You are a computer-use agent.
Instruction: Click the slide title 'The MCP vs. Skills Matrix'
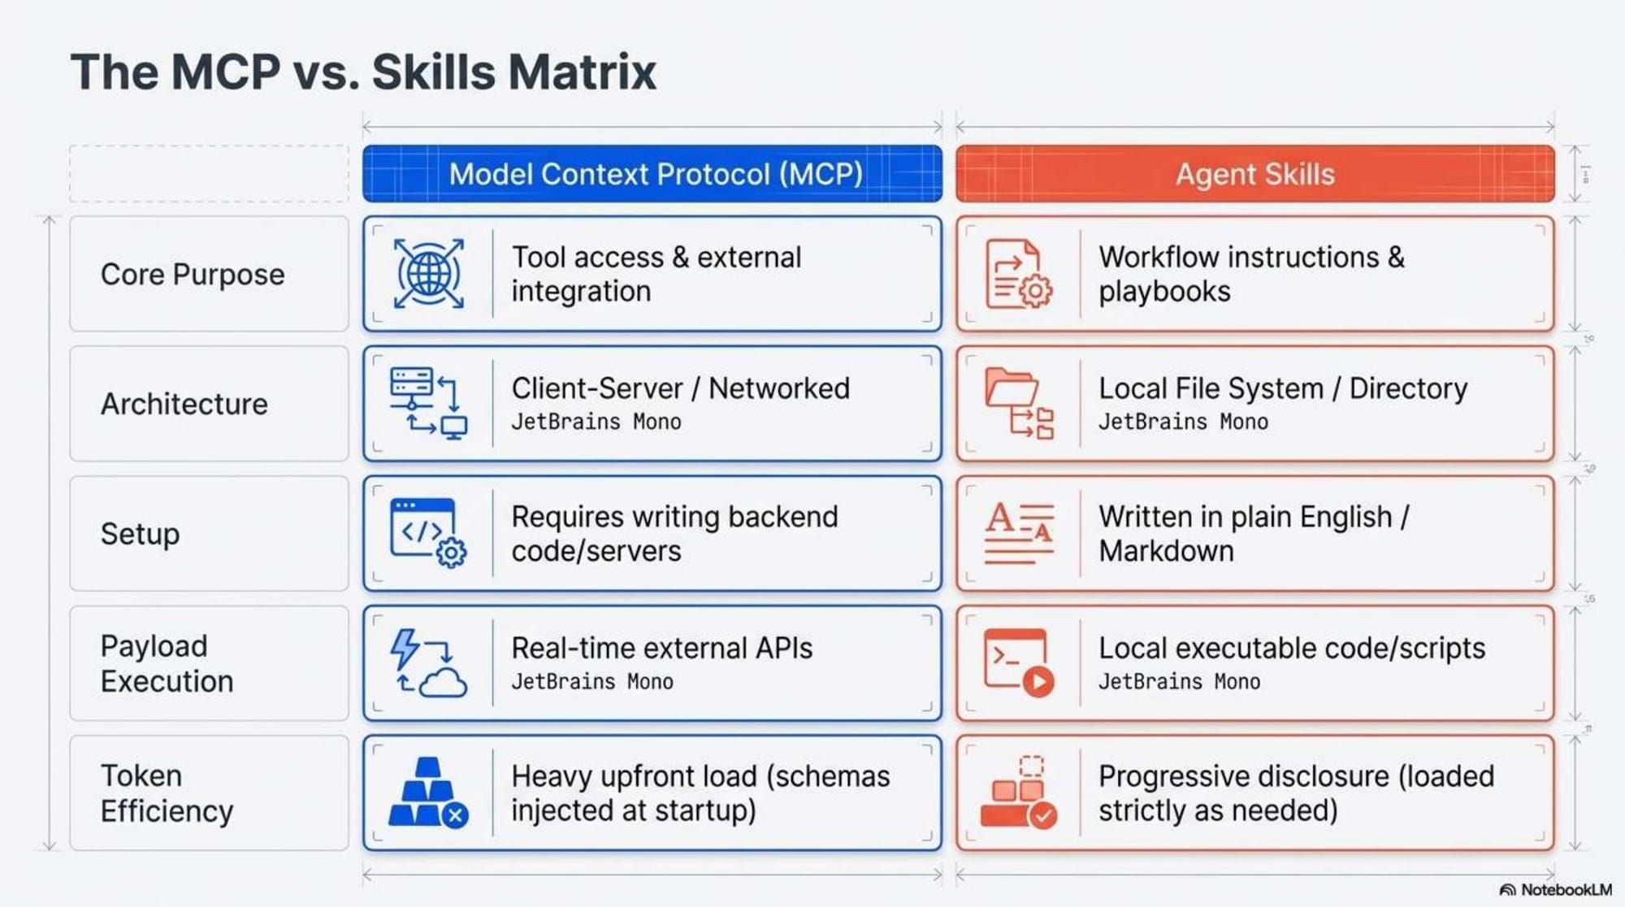point(362,72)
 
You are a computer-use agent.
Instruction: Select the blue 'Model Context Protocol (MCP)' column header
point(655,174)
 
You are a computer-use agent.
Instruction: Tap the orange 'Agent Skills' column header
point(1254,174)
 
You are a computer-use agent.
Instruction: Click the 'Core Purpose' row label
point(193,275)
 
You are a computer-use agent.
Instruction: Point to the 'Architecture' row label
point(184,404)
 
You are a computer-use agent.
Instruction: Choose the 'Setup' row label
point(140,534)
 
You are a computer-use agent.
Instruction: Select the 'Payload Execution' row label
point(167,663)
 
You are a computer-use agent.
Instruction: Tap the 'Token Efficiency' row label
point(167,793)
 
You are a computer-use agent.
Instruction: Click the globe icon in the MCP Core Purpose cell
point(429,273)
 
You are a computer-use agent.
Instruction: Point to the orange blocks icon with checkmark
point(1019,793)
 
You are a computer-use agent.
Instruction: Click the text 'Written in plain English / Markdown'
point(1253,534)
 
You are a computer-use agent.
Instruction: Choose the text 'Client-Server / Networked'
point(680,388)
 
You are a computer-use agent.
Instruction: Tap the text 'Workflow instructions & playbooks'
point(1251,274)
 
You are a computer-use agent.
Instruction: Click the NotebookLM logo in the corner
point(1555,890)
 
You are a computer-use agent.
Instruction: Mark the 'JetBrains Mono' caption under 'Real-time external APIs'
point(592,682)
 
